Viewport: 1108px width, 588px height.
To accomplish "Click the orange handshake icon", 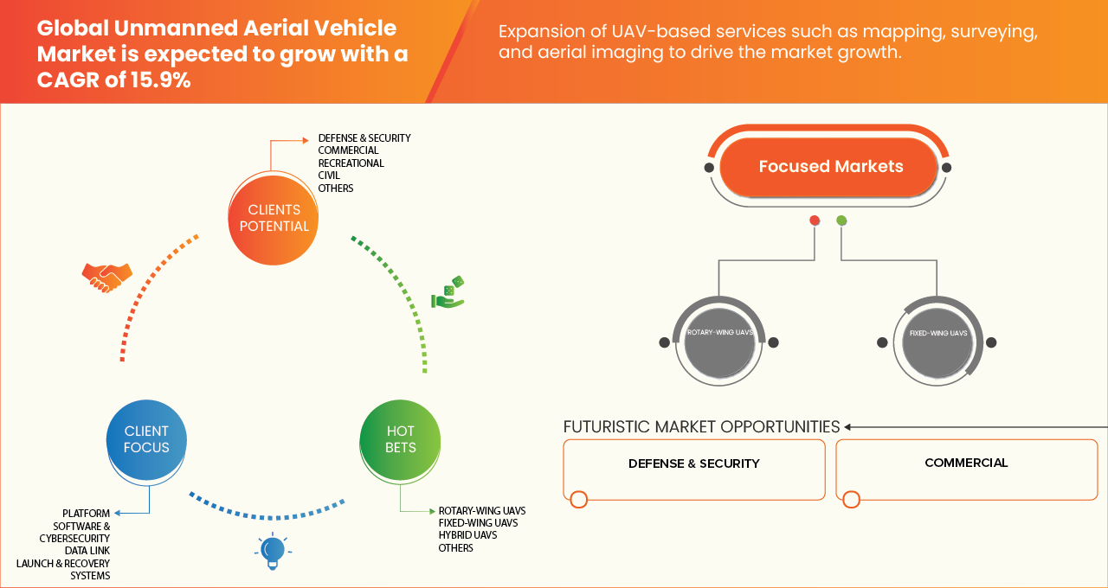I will (x=106, y=277).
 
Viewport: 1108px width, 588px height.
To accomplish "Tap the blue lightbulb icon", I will (x=273, y=550).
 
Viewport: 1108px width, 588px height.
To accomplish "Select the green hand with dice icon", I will (x=448, y=294).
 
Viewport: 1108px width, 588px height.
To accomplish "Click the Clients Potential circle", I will (x=274, y=218).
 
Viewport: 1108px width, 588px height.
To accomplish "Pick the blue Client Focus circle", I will (x=146, y=439).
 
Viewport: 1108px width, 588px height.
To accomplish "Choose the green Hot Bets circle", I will (x=400, y=439).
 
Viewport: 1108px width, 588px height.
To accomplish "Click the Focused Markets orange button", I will (x=829, y=167).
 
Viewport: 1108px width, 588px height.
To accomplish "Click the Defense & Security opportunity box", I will (x=693, y=469).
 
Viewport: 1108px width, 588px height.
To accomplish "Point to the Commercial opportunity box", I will (x=966, y=469).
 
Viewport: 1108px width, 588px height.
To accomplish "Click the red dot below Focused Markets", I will (x=815, y=220).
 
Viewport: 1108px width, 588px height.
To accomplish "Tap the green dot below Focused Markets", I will (x=841, y=220).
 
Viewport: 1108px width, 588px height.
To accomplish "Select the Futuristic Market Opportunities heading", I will (x=701, y=426).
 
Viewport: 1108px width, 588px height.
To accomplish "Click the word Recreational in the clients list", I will (x=351, y=163).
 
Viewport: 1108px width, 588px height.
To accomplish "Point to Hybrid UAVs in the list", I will (x=467, y=535).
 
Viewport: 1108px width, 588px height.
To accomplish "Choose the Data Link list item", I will (x=87, y=550).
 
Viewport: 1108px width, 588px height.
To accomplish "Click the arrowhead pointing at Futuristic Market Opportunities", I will (x=848, y=426).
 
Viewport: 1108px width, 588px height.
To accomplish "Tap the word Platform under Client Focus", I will (x=86, y=514).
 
